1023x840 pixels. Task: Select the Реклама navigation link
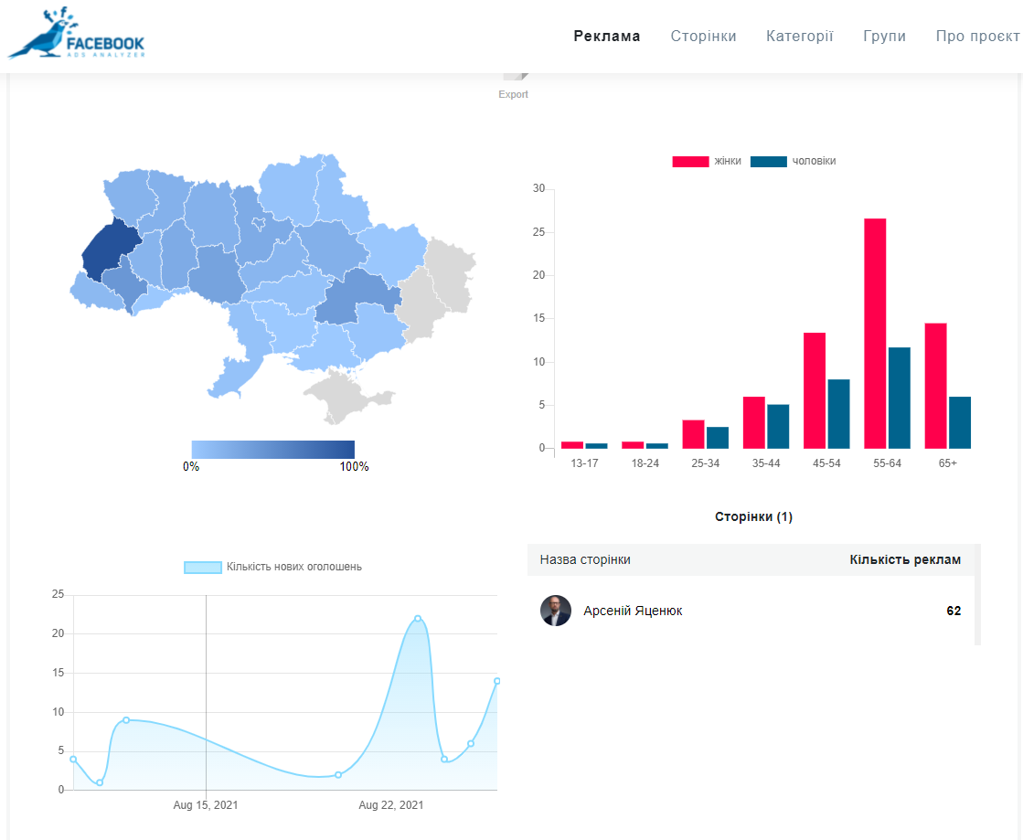607,37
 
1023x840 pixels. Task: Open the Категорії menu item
799,37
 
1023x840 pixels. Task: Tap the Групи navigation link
884,37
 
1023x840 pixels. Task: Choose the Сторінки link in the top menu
703,37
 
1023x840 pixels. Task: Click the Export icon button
515,82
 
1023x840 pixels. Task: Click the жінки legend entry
707,161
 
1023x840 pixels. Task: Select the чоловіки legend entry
793,161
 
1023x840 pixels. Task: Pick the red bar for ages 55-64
875,334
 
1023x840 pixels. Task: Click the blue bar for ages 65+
960,422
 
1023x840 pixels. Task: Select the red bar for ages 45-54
815,390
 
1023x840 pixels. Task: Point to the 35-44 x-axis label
765,463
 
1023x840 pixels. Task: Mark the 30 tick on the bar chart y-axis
539,189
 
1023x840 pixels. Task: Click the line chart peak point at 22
418,619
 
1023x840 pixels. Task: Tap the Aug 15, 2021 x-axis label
206,805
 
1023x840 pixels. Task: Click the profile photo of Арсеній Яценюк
556,611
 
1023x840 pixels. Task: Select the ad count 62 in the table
954,611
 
